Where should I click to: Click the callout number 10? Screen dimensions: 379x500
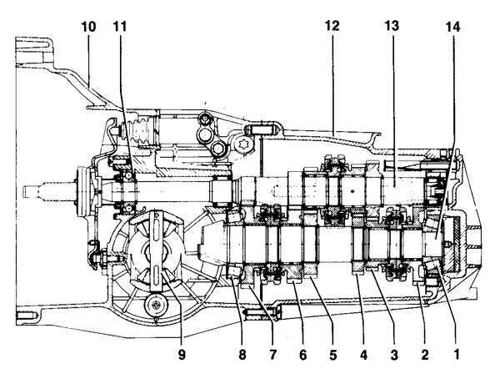tap(88, 28)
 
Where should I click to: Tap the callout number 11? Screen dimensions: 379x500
tap(120, 28)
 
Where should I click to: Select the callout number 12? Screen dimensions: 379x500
tap(332, 28)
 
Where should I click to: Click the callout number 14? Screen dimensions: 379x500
tap(452, 28)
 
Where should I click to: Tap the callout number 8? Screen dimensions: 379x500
tap(241, 354)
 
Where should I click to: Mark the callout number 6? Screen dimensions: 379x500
tap(302, 354)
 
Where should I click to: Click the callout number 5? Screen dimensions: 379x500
tap(332, 354)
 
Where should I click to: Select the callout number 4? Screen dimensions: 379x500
tap(363, 354)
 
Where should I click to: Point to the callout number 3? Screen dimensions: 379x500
tap(392, 354)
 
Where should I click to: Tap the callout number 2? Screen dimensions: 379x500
tap(424, 354)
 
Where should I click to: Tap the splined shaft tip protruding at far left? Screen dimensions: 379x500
tap(33, 190)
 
